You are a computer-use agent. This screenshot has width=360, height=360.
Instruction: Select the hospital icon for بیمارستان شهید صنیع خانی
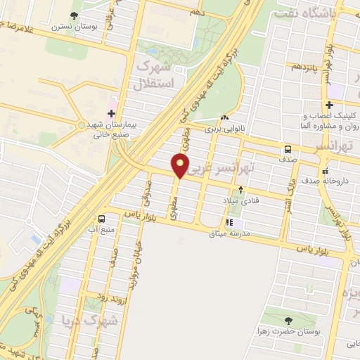coord(111,113)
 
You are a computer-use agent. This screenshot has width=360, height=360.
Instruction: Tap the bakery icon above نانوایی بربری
coord(224,119)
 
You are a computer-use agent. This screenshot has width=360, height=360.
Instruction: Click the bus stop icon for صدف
coord(288,149)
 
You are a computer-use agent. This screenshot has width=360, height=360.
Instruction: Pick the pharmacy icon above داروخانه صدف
coord(324,170)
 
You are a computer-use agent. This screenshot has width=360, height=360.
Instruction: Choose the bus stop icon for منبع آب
coord(103,219)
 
